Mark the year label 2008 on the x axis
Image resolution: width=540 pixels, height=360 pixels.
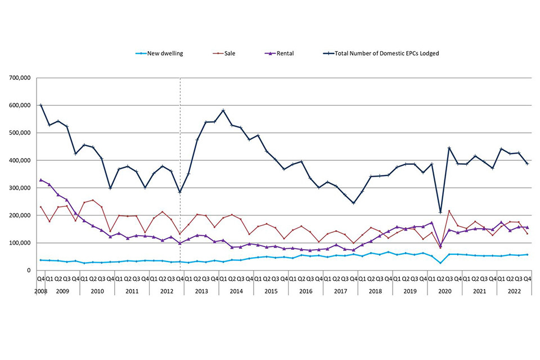(40, 291)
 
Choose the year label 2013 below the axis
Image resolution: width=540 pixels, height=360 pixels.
(201, 291)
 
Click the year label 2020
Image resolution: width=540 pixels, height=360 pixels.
(444, 291)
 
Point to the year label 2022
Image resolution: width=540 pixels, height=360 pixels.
(514, 291)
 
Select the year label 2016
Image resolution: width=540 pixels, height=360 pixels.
(305, 291)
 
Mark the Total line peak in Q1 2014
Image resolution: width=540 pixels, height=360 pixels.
(223, 110)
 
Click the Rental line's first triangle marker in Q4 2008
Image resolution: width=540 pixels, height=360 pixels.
(40, 180)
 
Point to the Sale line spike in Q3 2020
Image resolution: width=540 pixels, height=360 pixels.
(449, 211)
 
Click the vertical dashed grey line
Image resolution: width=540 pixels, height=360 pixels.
(180, 169)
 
